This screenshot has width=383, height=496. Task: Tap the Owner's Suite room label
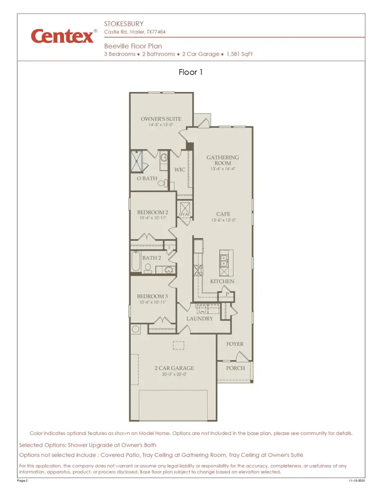161,119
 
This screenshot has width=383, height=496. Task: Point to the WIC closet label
180,170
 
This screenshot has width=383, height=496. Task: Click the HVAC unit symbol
185,209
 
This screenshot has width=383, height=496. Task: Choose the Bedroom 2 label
152,212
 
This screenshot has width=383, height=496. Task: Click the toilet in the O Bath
161,183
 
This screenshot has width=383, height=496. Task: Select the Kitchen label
222,282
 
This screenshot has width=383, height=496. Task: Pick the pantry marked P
227,294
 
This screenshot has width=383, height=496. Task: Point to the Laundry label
199,319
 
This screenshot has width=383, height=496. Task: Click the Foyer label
235,344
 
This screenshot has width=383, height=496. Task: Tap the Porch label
235,368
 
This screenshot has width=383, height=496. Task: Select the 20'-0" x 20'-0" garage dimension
174,374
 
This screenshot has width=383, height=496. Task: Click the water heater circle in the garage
136,329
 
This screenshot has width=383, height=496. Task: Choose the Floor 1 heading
191,72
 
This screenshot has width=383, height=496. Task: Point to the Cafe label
223,214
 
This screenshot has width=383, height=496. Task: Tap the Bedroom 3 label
152,296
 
